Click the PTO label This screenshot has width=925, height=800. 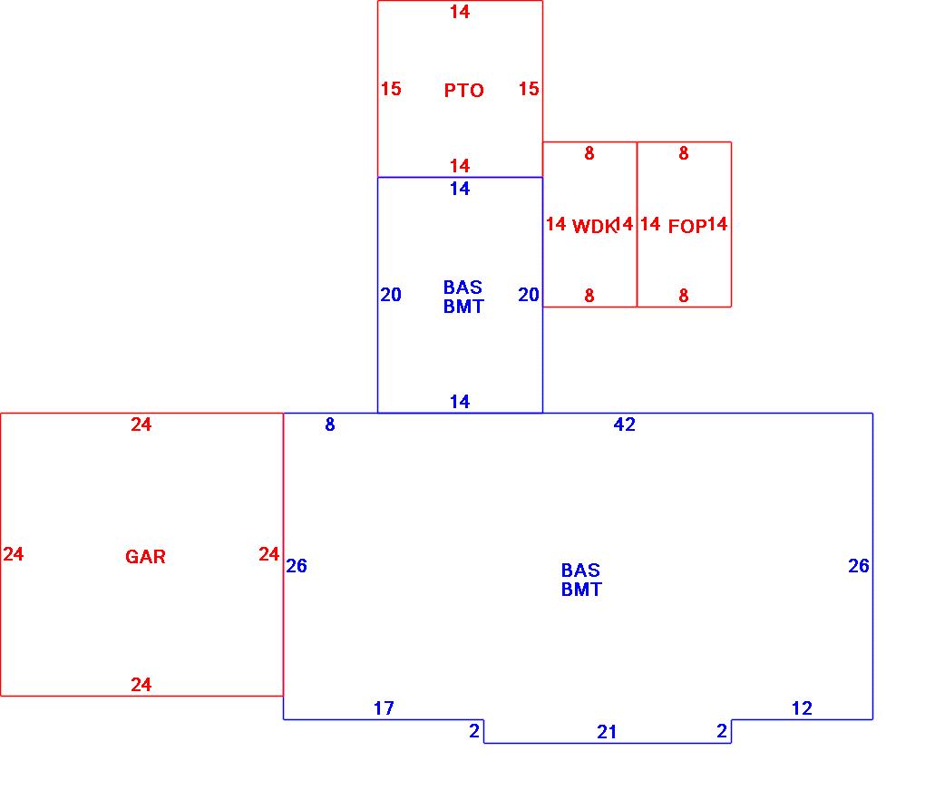(x=463, y=91)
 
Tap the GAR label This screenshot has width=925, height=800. (x=145, y=557)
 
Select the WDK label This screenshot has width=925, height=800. (x=593, y=227)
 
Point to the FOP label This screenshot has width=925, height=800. (x=686, y=227)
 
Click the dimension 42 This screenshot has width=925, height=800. (x=624, y=424)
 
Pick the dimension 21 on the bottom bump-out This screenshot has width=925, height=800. (x=607, y=732)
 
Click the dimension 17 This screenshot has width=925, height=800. (x=384, y=708)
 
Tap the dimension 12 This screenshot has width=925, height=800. (x=802, y=708)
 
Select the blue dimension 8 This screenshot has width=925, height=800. (x=330, y=424)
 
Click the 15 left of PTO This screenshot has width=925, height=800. (x=391, y=89)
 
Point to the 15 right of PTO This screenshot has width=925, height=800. (x=529, y=89)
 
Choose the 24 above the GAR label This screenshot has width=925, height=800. (x=141, y=424)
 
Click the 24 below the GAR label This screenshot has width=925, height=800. (x=141, y=685)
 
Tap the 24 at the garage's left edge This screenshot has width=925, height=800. (x=13, y=554)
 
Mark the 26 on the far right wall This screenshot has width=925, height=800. (x=858, y=566)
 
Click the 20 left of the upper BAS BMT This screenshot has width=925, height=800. (x=391, y=295)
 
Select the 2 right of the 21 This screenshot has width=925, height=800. (x=722, y=731)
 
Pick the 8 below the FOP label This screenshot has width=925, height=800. (x=684, y=296)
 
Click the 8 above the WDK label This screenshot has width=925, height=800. (x=589, y=154)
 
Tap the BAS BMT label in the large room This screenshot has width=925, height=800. (x=580, y=580)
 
